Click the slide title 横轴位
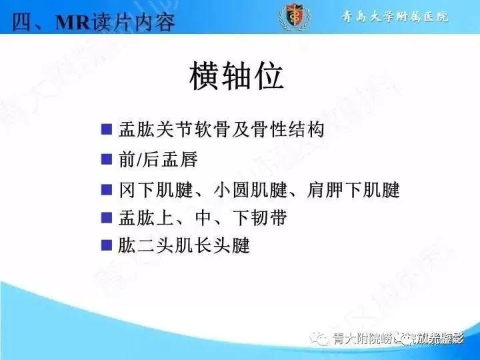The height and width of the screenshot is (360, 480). [236, 79]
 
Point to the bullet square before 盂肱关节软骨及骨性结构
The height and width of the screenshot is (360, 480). [106, 128]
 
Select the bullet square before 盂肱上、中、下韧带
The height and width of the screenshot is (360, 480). [106, 217]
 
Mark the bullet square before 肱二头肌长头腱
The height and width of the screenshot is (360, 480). [106, 245]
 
